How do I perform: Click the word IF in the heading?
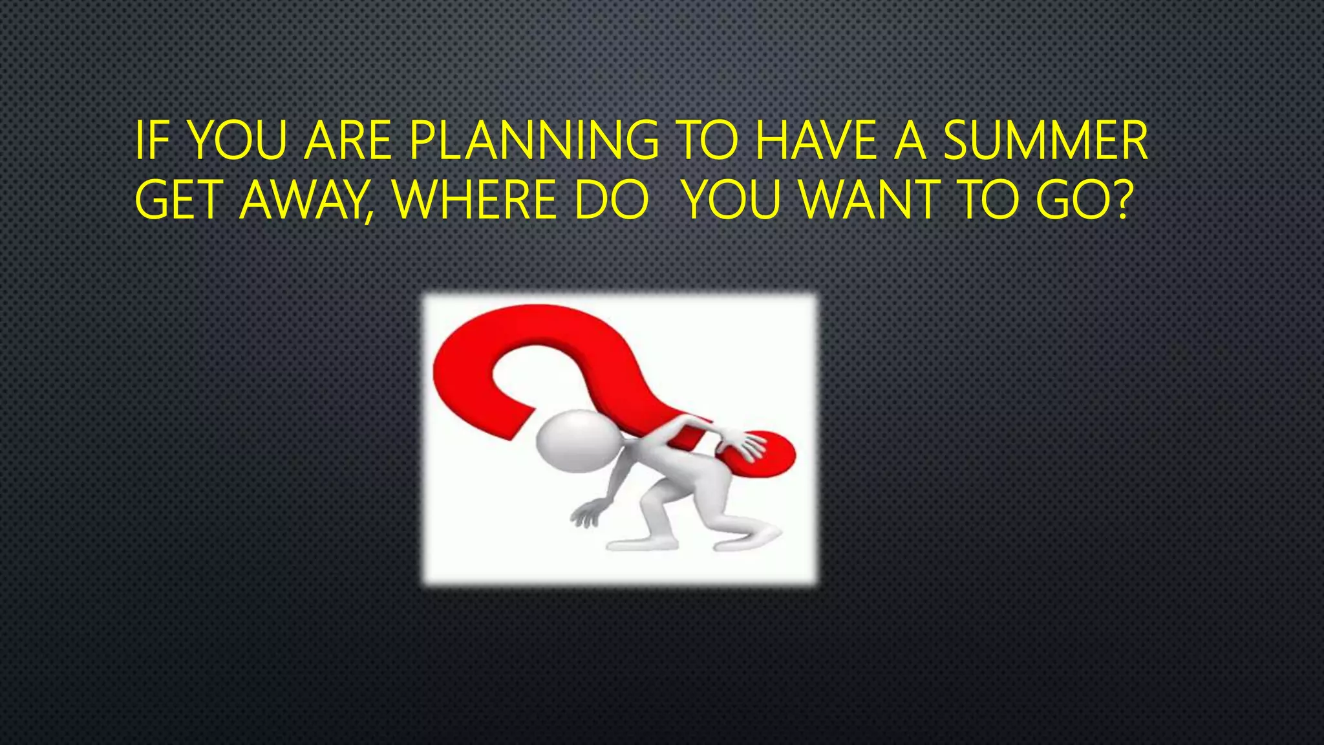(149, 141)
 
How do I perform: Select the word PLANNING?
(534, 141)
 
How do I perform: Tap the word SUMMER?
(1045, 141)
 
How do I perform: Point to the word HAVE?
(816, 141)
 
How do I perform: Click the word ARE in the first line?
(348, 141)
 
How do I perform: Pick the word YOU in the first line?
(239, 141)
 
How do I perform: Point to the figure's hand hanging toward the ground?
(586, 516)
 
